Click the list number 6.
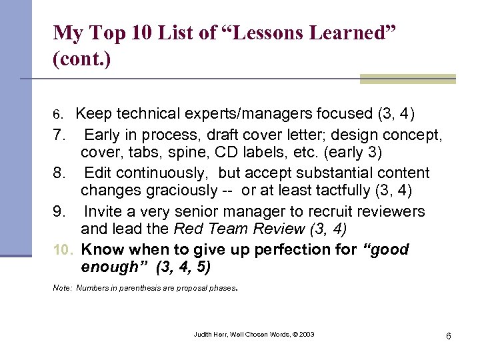coord(57,114)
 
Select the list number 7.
coord(59,134)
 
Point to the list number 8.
coord(59,173)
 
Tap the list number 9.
coord(59,211)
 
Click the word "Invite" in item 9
coord(105,211)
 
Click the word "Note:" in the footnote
coord(62,289)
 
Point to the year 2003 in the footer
coord(306,334)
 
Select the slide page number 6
coord(449,335)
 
